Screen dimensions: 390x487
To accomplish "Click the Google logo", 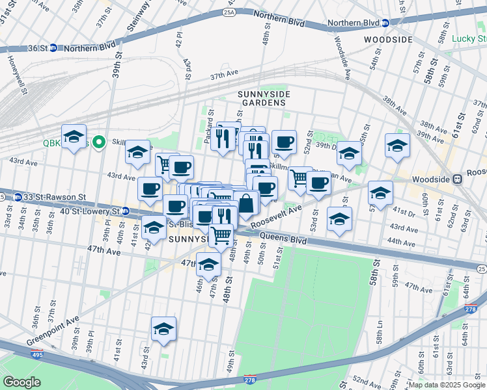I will coord(21,382).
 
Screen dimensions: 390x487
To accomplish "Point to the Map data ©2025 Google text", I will coord(446,385).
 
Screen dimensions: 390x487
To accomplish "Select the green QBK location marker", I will coord(98,141).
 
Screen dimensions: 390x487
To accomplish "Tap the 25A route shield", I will coord(229,11).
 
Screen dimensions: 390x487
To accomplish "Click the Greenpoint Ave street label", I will coord(53,331).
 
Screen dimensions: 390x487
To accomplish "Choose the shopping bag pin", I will coord(247,203).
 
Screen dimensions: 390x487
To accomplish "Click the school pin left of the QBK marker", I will coord(74,136).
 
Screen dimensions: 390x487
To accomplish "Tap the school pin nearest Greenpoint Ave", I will coord(163,330).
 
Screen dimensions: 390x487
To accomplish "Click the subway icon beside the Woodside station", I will coord(458,177).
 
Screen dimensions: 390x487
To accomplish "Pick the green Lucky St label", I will coord(469,38).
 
